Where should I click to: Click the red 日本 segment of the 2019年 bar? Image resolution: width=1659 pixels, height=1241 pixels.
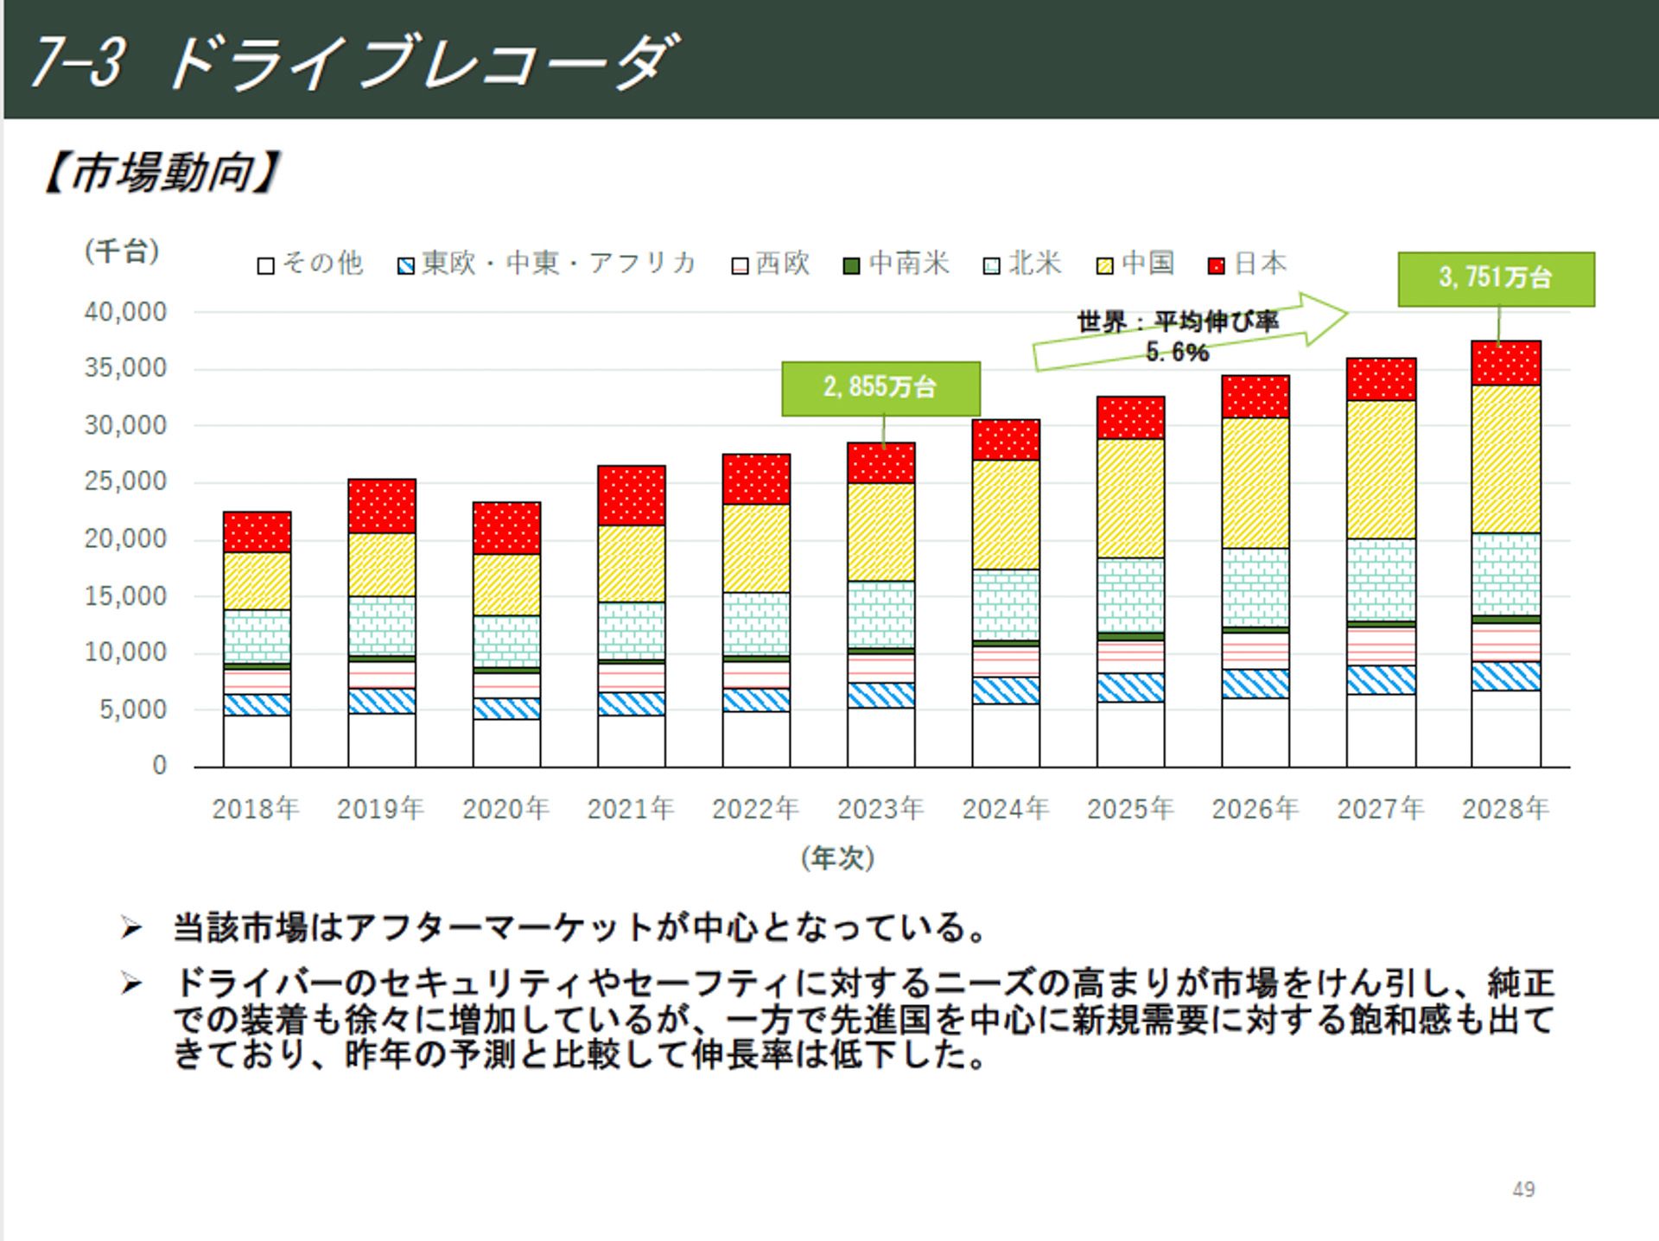(x=381, y=506)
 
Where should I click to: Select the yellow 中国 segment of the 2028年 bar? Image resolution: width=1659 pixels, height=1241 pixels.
(x=1505, y=459)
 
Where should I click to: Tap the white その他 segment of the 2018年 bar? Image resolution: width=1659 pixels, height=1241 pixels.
(x=257, y=741)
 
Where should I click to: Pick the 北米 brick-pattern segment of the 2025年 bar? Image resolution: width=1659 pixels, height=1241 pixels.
(x=1130, y=595)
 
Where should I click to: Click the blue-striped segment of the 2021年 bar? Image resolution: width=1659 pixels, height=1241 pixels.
(x=631, y=703)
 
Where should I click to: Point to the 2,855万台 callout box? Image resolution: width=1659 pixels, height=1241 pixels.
(x=880, y=388)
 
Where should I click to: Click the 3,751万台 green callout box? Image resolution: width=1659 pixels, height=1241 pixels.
(x=1496, y=278)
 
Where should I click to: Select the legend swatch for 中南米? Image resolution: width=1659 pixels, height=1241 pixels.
(x=852, y=266)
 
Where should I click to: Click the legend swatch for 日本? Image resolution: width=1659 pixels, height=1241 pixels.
(x=1217, y=266)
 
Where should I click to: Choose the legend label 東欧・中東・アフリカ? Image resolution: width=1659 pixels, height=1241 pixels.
(x=558, y=263)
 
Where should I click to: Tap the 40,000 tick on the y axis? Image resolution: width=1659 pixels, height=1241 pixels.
(x=125, y=312)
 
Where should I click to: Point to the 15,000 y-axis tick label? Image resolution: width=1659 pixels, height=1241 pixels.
(x=125, y=596)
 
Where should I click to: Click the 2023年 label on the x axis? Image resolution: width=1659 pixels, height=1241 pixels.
(x=880, y=809)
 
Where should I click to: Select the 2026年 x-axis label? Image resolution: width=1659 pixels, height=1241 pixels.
(x=1255, y=809)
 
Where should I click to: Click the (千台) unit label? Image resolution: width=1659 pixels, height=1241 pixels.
(x=122, y=251)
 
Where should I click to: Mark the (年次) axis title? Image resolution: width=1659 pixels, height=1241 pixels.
(x=837, y=858)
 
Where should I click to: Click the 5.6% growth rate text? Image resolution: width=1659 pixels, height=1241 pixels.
(x=1177, y=353)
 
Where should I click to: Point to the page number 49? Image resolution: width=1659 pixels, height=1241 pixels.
(x=1523, y=1189)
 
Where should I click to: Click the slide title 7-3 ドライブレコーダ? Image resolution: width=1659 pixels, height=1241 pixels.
(x=354, y=62)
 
